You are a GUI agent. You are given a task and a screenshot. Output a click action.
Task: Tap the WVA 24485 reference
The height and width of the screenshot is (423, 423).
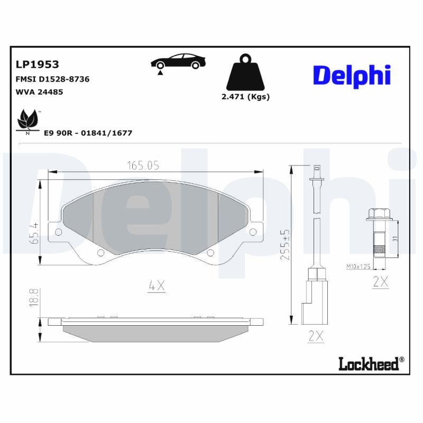(40, 91)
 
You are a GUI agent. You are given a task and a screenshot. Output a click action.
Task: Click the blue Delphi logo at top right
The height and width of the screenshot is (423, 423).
(352, 76)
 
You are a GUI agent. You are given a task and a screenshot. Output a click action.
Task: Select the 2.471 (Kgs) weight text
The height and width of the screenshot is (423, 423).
(245, 97)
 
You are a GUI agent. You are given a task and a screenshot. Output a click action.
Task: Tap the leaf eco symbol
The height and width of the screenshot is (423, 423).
(28, 121)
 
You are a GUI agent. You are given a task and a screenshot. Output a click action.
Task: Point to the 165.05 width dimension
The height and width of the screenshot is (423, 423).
(142, 165)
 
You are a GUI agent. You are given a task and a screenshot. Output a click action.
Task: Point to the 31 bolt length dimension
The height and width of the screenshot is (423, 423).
(395, 238)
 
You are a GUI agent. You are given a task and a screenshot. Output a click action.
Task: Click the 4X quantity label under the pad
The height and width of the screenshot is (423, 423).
(157, 286)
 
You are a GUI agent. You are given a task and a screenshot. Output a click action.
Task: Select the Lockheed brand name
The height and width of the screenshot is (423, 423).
(371, 363)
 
